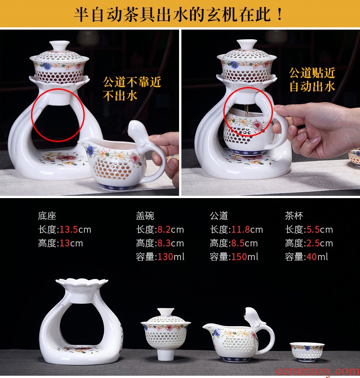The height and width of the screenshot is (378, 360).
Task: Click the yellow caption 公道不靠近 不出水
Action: [132, 89]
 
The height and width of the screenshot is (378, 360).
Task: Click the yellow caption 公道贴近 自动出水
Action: [312, 80]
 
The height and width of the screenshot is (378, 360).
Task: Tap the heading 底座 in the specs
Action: [47, 216]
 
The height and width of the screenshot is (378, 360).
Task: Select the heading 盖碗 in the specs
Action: [145, 216]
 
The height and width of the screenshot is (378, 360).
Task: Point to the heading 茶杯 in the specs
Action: [294, 216]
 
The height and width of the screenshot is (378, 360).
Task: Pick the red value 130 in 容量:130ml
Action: [165, 257]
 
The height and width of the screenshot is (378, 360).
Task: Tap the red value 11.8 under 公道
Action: [240, 230]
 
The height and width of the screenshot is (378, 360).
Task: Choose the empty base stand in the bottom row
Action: [81, 321]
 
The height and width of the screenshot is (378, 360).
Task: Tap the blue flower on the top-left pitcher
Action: [90, 150]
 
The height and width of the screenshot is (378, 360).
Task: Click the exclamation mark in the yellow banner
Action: [280, 14]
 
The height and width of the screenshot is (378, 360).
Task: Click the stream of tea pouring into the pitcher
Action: [247, 112]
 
